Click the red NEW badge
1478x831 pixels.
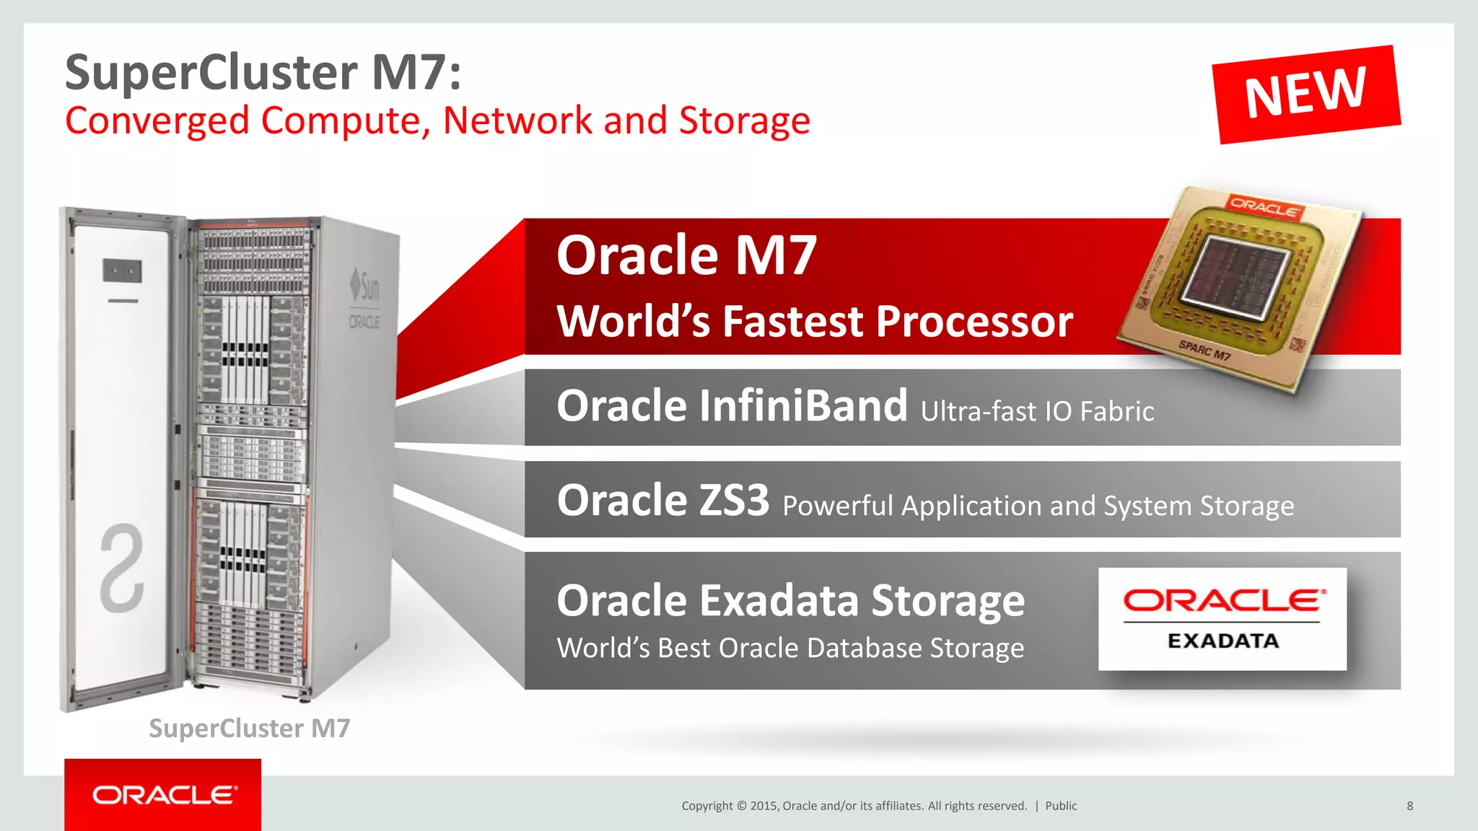click(1306, 94)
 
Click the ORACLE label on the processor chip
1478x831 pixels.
click(1264, 206)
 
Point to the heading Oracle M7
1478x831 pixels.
click(686, 256)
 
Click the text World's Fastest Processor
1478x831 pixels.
click(815, 321)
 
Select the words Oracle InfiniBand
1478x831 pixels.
click(732, 405)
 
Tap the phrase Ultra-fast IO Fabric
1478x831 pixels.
click(1037, 411)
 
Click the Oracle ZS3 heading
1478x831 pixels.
click(663, 500)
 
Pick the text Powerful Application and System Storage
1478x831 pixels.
click(1038, 506)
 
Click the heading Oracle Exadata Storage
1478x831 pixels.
click(790, 600)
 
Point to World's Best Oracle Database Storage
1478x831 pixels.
click(790, 648)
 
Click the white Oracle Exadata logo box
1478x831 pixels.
click(1222, 619)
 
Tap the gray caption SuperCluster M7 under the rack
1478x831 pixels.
click(249, 729)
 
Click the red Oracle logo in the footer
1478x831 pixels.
click(163, 795)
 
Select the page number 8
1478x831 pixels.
click(1409, 806)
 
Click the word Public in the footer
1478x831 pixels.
click(1061, 806)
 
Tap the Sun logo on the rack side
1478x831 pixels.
click(365, 287)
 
